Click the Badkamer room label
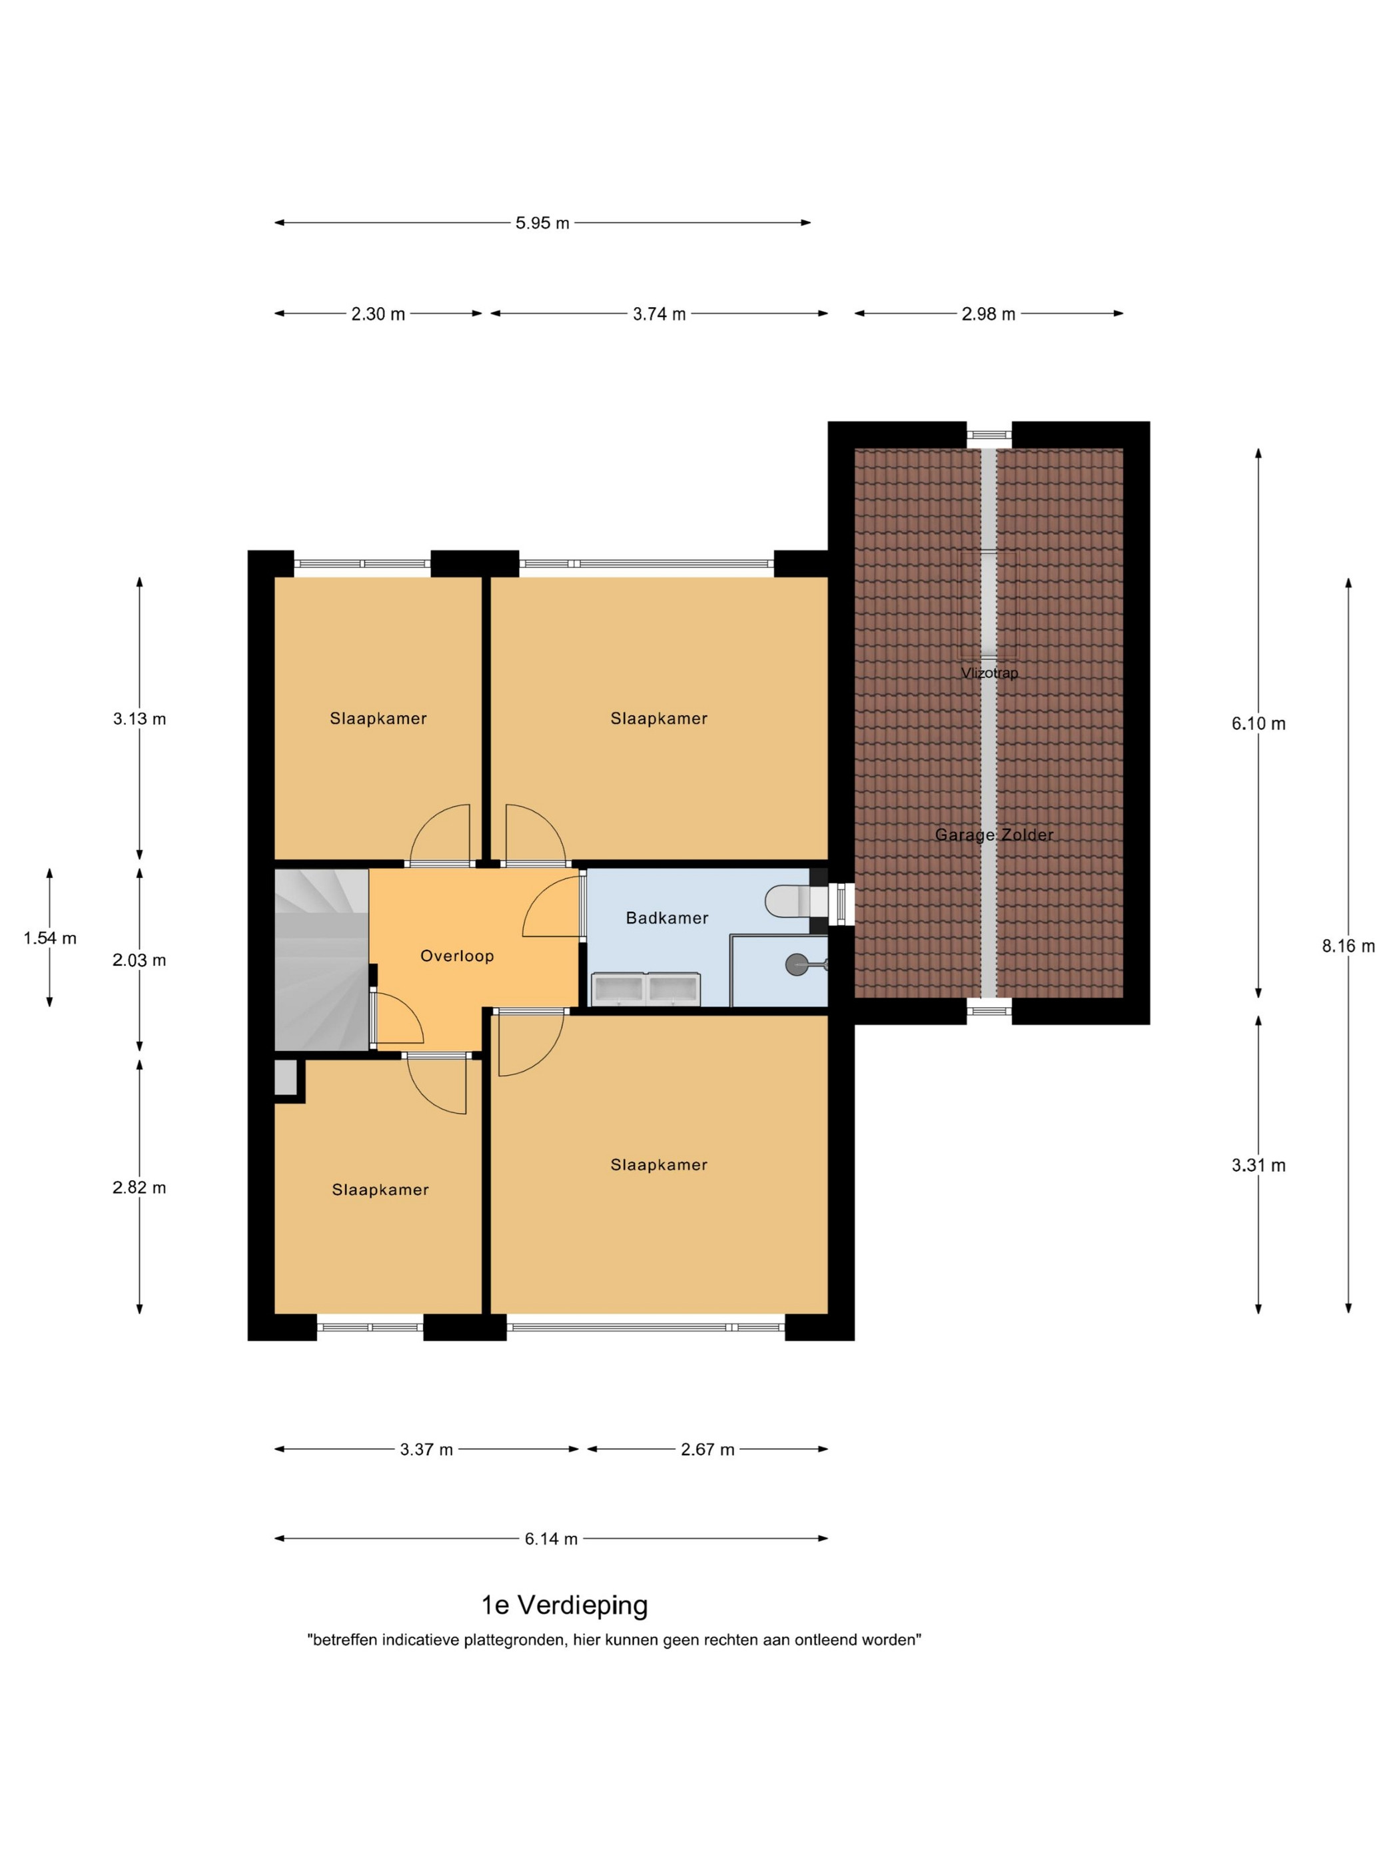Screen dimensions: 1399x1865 click(666, 917)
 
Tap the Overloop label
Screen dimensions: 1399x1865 click(456, 955)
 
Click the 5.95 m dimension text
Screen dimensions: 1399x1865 click(542, 223)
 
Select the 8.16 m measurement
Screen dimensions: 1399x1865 click(1348, 946)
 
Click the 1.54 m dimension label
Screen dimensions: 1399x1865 click(50, 938)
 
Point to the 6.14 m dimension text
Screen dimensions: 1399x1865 click(551, 1539)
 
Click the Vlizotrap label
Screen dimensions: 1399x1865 click(989, 673)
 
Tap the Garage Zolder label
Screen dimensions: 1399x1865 click(993, 835)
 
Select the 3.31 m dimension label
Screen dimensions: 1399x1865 click(1258, 1165)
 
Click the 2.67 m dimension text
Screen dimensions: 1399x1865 click(707, 1449)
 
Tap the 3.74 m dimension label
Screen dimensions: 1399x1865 click(659, 314)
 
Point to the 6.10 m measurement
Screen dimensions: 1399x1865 click(1258, 723)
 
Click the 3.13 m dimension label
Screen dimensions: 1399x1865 click(139, 718)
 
